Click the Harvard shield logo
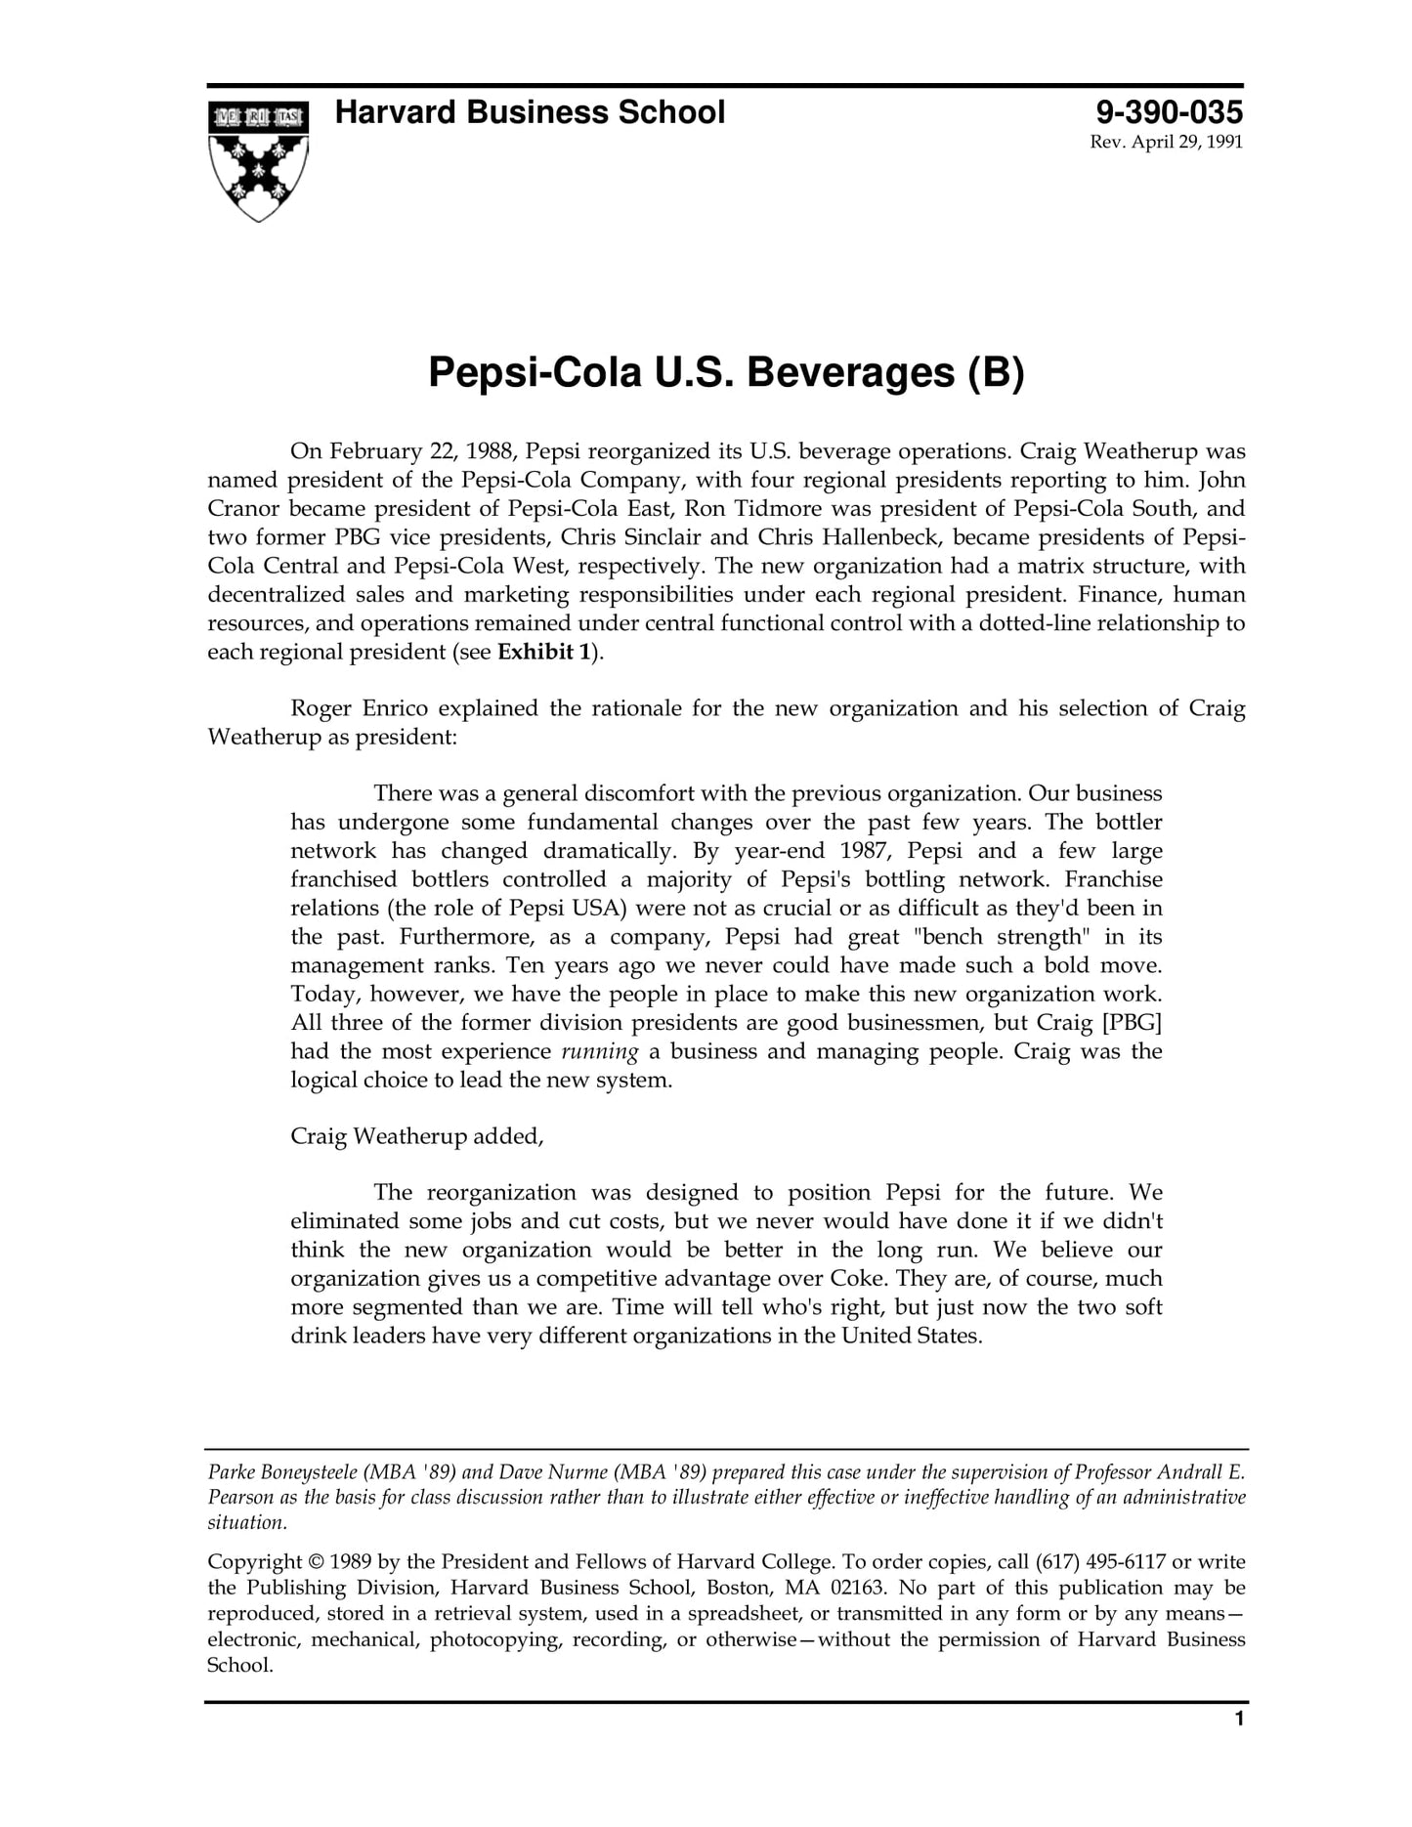tap(258, 159)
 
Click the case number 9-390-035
tap(1169, 111)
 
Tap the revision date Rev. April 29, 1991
tap(1166, 143)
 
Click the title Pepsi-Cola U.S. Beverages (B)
tap(726, 372)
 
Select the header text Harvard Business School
tap(530, 112)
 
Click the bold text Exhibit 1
tap(544, 652)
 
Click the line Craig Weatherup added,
tap(416, 1136)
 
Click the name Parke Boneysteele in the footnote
tap(282, 1472)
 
